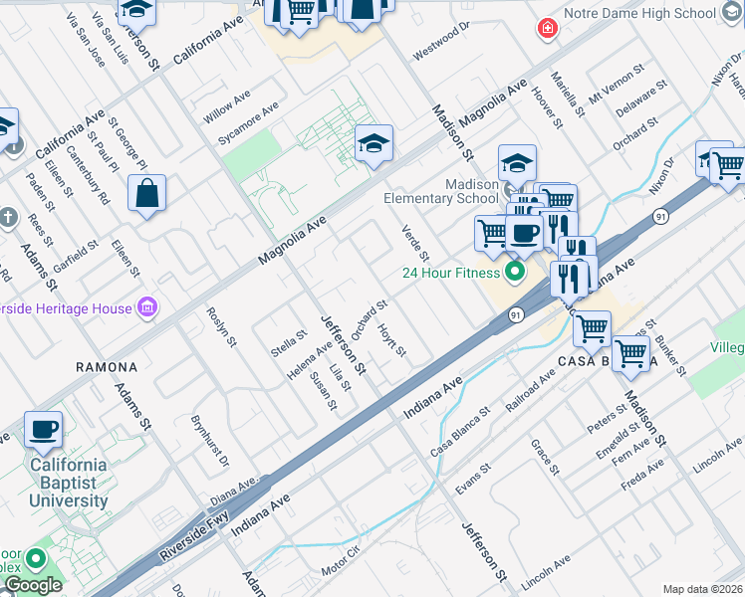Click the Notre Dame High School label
[x=639, y=13]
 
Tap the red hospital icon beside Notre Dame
[x=547, y=28]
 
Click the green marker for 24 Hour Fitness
[x=515, y=271]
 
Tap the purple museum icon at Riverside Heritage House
[x=147, y=307]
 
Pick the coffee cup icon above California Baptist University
[x=43, y=430]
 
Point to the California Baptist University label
[x=68, y=483]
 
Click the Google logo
[x=32, y=585]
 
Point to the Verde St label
[x=414, y=244]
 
